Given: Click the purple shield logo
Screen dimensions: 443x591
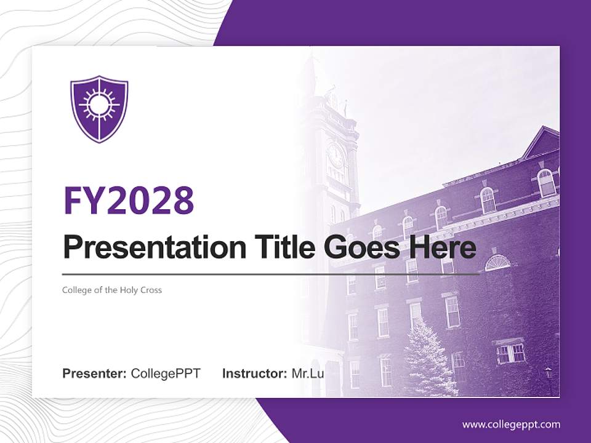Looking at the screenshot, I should (99, 108).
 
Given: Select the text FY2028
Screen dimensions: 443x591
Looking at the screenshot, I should (129, 200).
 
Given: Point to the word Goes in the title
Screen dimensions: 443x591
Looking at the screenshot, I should (358, 247).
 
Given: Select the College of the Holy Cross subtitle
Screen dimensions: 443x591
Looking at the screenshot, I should (112, 290).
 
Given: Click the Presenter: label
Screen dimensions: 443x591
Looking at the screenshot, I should (95, 373).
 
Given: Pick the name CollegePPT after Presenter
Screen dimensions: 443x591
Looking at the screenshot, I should (166, 373).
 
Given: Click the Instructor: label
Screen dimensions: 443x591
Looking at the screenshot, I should (254, 373).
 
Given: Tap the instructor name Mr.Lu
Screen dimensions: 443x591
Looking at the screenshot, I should (308, 373).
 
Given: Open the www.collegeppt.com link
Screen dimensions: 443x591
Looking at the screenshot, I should (511, 425).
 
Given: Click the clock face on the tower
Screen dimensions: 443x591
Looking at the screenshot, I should (336, 156).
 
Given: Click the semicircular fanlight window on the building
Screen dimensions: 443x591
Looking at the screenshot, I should (497, 263).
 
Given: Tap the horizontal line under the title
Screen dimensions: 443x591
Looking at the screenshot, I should (271, 274).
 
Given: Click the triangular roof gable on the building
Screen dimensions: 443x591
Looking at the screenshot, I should (541, 143).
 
